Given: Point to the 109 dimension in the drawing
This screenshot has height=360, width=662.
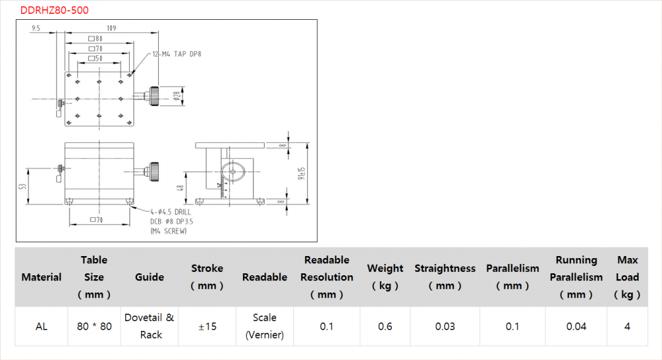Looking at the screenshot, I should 110,28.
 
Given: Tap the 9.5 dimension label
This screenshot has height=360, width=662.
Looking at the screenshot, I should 36,28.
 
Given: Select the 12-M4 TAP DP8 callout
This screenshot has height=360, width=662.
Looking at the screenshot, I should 176,54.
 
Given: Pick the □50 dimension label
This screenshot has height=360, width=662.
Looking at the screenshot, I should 96,59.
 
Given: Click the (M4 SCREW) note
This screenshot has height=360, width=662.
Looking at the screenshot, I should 169,231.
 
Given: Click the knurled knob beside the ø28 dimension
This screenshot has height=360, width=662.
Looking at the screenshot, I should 154,95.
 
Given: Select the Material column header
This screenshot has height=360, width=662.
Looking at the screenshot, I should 42,277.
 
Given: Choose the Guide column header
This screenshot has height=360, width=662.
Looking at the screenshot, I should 150,277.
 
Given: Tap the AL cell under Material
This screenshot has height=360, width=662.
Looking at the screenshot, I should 42,326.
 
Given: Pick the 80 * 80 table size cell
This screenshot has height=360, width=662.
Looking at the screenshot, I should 94,326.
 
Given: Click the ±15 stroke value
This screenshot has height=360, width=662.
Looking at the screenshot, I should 207,326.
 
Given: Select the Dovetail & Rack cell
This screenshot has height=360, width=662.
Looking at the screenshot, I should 150,326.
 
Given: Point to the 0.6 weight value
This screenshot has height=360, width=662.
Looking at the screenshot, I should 385,326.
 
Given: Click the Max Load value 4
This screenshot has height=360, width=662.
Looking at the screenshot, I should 628,326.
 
